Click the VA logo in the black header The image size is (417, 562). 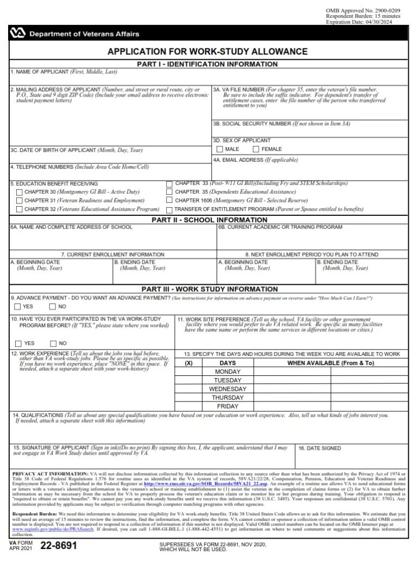pos(18,34)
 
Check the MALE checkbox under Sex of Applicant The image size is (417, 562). pos(220,149)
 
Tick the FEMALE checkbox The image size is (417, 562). pos(256,149)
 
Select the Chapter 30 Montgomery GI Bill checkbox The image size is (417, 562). pos(20,192)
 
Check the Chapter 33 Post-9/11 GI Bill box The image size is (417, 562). pos(170,184)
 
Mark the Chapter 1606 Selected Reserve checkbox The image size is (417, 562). pos(170,200)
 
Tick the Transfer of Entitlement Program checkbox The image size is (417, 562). pos(170,209)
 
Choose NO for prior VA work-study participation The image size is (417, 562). pos(53,343)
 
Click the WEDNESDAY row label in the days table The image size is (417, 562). pos(228,389)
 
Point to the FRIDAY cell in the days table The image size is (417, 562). pos(228,406)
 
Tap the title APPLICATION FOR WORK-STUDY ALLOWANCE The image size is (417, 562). pos(207,52)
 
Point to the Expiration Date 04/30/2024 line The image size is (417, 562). pos(360,22)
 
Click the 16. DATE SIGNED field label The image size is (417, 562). pos(320,449)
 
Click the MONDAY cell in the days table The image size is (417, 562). pos(228,372)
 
